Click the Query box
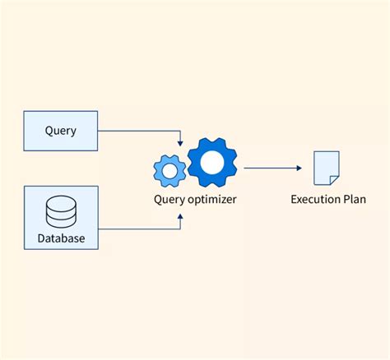[61, 131]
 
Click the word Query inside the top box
[61, 131]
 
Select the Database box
[61, 218]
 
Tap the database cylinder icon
[61, 211]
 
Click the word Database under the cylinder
[61, 240]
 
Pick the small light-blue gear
[170, 170]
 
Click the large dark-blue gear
[211, 164]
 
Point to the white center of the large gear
[211, 164]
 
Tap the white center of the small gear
[170, 170]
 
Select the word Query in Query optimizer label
[170, 199]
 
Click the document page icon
[326, 168]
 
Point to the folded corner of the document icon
[335, 178]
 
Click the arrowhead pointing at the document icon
[298, 168]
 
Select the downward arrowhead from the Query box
[180, 143]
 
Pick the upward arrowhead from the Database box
[180, 215]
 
